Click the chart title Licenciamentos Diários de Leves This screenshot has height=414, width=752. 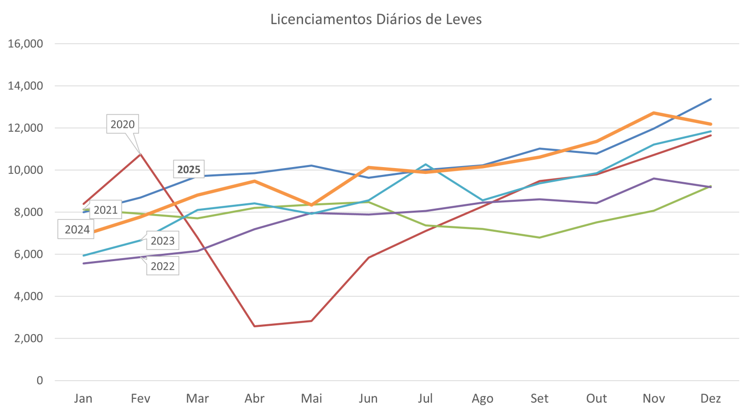pyautogui.click(x=376, y=20)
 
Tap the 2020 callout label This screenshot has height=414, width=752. pyautogui.click(x=122, y=124)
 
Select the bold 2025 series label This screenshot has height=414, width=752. pyautogui.click(x=189, y=170)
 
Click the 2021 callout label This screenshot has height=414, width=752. pyautogui.click(x=106, y=210)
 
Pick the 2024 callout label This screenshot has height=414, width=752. pyautogui.click(x=77, y=230)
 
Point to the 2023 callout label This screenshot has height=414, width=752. pyautogui.click(x=163, y=241)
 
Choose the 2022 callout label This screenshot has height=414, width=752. pyautogui.click(x=163, y=267)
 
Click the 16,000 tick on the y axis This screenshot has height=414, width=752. pyautogui.click(x=26, y=44)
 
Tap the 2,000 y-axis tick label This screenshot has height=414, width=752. pyautogui.click(x=28, y=339)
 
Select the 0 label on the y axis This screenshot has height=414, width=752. pyautogui.click(x=40, y=381)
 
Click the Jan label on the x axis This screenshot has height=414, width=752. pyautogui.click(x=83, y=399)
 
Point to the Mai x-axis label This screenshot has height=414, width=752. pyautogui.click(x=311, y=399)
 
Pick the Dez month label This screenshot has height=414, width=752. pyautogui.click(x=710, y=399)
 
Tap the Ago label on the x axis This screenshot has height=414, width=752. pyautogui.click(x=482, y=399)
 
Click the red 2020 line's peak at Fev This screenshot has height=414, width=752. pyautogui.click(x=141, y=154)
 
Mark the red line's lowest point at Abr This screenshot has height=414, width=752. pyautogui.click(x=255, y=326)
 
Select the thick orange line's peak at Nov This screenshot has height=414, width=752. pyautogui.click(x=654, y=113)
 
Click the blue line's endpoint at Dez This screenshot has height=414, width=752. pyautogui.click(x=710, y=99)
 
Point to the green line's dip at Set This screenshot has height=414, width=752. pyautogui.click(x=540, y=238)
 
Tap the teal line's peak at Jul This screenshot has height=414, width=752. pyautogui.click(x=425, y=165)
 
